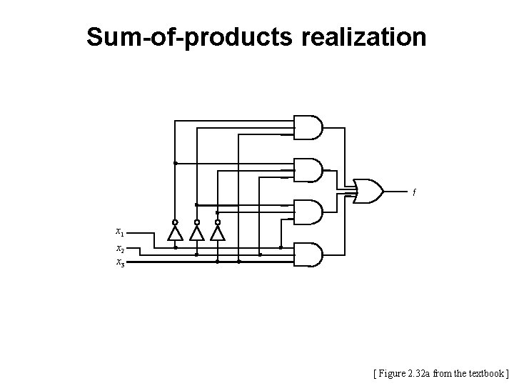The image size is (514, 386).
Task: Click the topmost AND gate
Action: pyautogui.click(x=308, y=127)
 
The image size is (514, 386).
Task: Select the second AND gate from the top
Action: pyautogui.click(x=308, y=170)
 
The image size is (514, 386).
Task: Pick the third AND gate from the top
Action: pyautogui.click(x=308, y=212)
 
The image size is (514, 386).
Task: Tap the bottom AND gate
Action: pyautogui.click(x=308, y=254)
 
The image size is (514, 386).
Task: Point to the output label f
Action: pyautogui.click(x=414, y=192)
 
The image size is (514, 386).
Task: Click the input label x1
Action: pyautogui.click(x=120, y=232)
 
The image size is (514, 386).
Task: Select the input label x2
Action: pyautogui.click(x=120, y=249)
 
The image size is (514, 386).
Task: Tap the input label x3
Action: pyautogui.click(x=120, y=262)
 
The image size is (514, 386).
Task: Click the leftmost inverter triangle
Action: pyautogui.click(x=175, y=234)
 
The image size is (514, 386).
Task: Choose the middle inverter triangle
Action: pyautogui.click(x=196, y=234)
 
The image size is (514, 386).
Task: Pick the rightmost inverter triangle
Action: pyautogui.click(x=218, y=234)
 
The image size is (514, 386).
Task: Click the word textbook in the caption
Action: pyautogui.click(x=488, y=373)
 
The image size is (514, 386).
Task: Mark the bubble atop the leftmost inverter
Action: pyautogui.click(x=175, y=222)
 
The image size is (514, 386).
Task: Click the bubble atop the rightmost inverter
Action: pyautogui.click(x=218, y=222)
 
